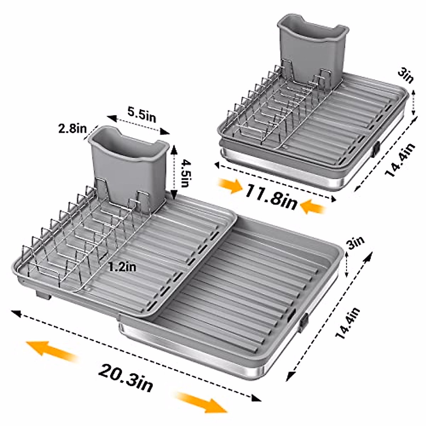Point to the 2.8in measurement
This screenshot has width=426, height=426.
click(73, 129)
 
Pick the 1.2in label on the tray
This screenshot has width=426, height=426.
click(122, 267)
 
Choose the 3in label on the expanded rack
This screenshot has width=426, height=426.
click(356, 244)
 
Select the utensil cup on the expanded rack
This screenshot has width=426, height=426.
click(128, 163)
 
